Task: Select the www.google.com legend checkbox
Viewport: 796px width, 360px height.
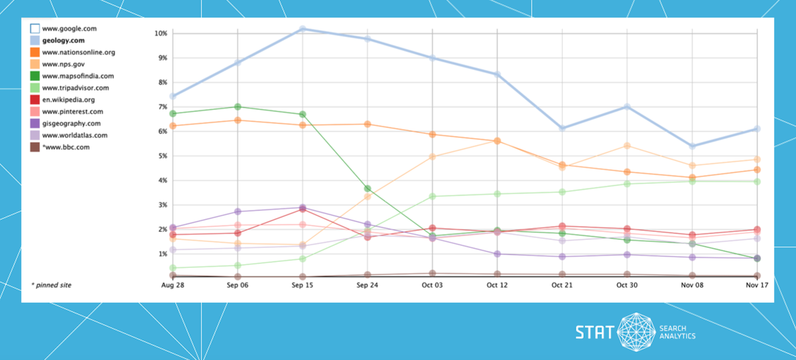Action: (34, 29)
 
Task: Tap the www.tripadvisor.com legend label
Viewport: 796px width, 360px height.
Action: (75, 88)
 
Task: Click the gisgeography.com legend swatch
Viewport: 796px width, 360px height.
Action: (34, 123)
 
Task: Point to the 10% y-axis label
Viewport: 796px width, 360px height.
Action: (160, 33)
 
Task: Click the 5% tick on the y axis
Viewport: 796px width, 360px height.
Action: (162, 156)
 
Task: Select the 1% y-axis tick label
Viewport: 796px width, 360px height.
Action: (162, 254)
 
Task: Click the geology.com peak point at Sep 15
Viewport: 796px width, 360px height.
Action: (302, 29)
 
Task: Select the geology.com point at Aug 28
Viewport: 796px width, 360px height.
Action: (172, 96)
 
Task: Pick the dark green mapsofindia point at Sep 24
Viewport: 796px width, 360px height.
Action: (367, 189)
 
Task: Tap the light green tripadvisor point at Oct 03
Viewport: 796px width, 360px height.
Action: (432, 196)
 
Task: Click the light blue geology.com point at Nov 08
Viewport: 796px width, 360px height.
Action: (693, 146)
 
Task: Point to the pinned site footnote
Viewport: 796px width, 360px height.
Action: (51, 285)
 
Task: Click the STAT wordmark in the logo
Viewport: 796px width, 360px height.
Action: (595, 331)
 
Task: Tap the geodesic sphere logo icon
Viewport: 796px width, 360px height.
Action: (637, 331)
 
